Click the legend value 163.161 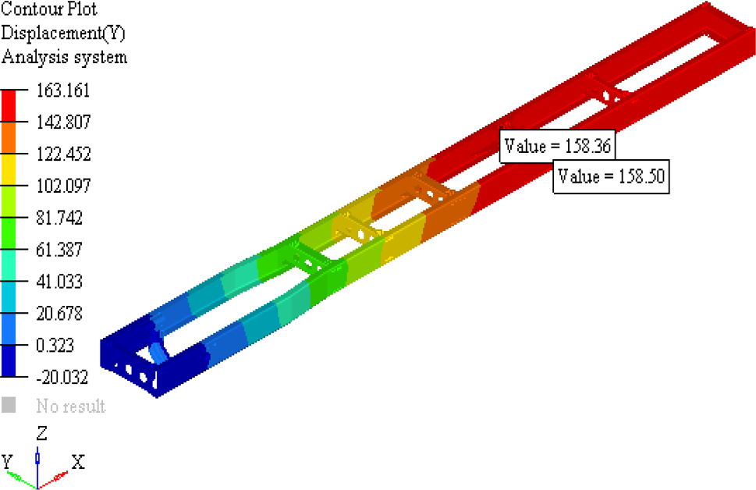pos(63,91)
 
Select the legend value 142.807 pos(63,123)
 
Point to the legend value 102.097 pos(63,186)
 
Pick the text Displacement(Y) pos(63,34)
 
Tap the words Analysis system pos(64,58)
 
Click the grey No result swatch pos(9,406)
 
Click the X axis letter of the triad pos(78,462)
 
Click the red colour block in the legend pos(9,106)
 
